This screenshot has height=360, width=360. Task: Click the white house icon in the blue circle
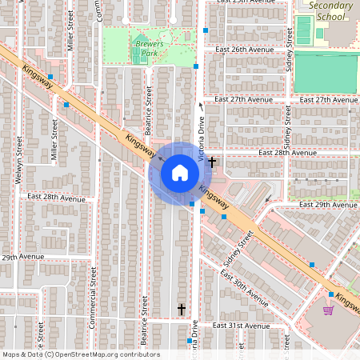179,173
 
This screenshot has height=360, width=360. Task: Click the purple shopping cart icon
328,310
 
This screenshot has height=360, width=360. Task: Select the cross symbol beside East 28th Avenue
212,162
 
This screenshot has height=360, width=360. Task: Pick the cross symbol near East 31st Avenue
182,308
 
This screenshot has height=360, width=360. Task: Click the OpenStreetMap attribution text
81,354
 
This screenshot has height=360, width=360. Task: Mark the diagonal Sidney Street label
238,249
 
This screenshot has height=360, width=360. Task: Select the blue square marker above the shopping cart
330,294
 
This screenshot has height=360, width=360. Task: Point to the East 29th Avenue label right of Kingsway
326,205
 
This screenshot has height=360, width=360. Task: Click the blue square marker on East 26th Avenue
206,30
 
